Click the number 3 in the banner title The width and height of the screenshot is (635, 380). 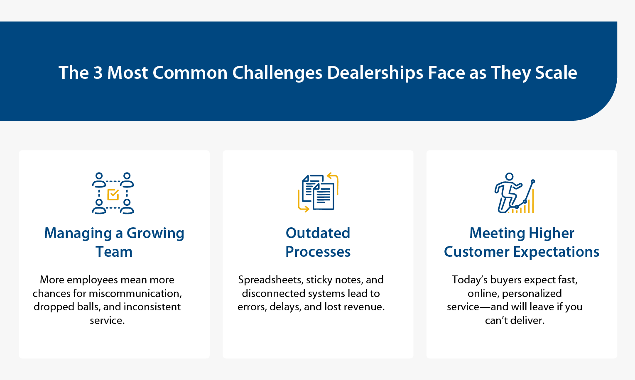point(98,73)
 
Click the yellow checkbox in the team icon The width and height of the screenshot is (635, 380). point(113,194)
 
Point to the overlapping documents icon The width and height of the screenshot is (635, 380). point(318,192)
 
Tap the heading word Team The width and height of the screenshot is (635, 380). point(114,252)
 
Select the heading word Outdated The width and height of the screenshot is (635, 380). point(318,233)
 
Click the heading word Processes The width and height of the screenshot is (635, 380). point(318,252)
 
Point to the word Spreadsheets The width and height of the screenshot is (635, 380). point(270,280)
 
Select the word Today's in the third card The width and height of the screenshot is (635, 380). point(470,280)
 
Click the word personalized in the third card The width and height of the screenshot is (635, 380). point(532,293)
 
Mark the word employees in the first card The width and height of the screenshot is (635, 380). point(92,280)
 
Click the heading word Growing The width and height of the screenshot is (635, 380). point(155,234)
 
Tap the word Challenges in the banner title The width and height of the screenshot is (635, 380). point(277,73)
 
